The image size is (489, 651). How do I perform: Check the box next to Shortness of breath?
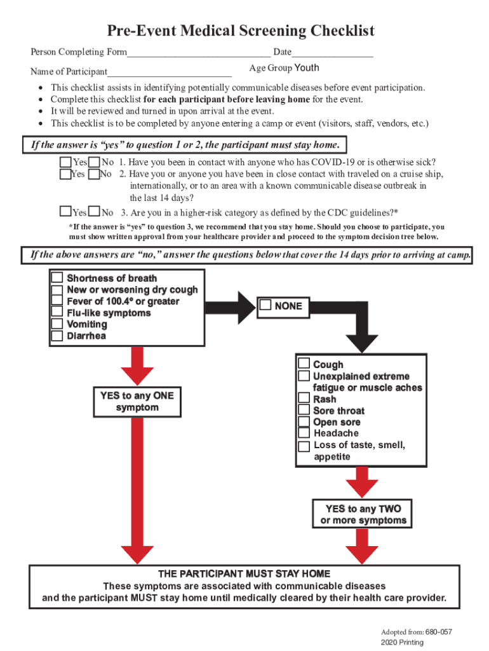pos(57,278)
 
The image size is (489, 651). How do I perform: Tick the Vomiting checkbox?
pos(57,324)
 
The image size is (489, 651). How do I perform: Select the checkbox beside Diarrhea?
pos(57,336)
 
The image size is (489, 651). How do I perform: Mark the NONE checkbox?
pos(265,306)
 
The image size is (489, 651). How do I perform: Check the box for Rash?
pos(304,399)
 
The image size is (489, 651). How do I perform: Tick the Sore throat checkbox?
pos(304,410)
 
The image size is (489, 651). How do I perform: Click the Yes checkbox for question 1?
pos(66,162)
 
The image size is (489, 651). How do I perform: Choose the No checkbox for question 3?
pos(95,212)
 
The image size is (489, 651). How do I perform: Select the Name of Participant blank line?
pos(170,72)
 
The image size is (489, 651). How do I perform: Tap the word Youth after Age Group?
pos(307,68)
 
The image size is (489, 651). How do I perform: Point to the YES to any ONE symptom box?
pos(137,401)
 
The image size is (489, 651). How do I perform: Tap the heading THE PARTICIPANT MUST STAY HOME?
pos(244,573)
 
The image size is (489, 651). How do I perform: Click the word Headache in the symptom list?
pos(336,434)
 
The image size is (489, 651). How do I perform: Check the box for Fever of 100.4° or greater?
pos(57,301)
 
